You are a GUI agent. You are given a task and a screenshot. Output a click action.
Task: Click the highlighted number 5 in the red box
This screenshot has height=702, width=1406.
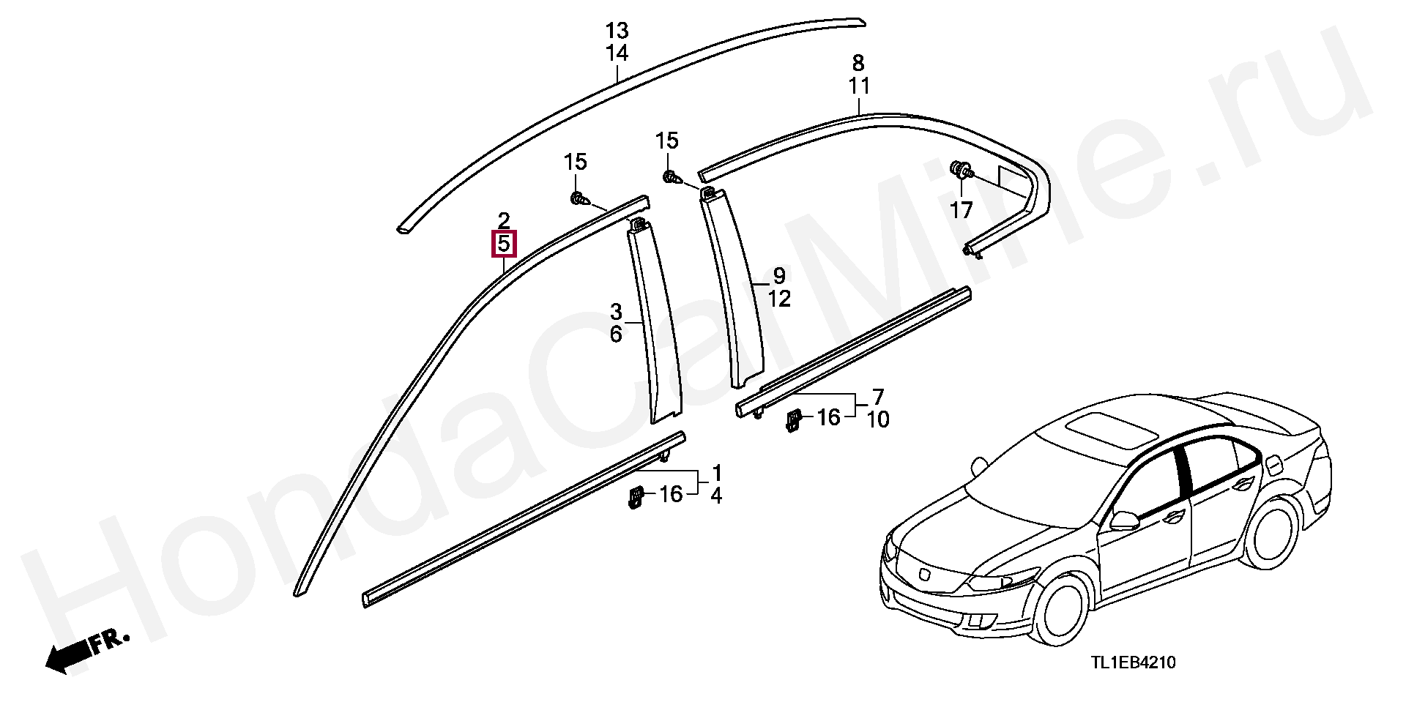pos(504,244)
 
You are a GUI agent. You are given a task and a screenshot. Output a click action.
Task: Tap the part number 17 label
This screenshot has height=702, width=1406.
pos(961,211)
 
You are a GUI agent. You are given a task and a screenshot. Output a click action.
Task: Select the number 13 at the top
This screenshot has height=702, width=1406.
pos(617,31)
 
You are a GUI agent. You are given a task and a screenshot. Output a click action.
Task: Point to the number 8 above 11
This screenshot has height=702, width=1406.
pos(858,62)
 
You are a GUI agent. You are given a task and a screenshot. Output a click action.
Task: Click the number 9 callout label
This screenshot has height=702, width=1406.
pos(779,276)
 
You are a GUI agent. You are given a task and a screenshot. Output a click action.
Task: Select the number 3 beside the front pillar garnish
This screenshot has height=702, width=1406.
pos(616,313)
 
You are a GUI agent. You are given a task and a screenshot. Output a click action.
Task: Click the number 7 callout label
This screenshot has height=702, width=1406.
pos(878,397)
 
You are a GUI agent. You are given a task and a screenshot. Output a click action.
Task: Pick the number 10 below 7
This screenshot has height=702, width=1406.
pos(877,419)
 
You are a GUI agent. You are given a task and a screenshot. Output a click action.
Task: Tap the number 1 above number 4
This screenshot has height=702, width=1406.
pos(716,472)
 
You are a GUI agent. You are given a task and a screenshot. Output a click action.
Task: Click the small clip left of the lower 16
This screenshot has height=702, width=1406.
pos(635,497)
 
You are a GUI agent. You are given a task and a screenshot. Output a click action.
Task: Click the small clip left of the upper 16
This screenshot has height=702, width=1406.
pos(793,419)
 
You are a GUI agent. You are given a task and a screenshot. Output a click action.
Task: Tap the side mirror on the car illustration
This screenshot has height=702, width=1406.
pos(1123,520)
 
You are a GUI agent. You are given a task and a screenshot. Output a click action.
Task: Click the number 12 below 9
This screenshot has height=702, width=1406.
pos(779,299)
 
